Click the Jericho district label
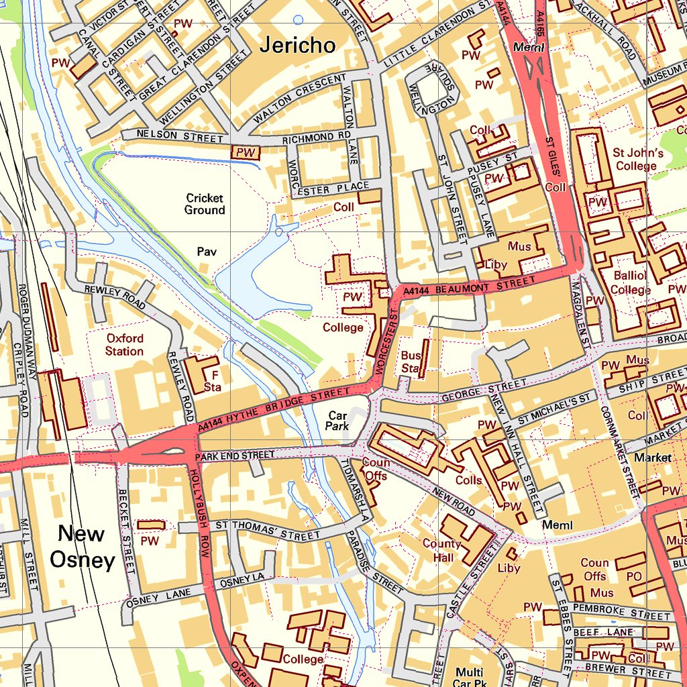[297, 45]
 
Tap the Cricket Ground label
[205, 204]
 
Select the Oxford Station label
[124, 344]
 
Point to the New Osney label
[81, 547]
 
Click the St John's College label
[637, 160]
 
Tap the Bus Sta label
[410, 362]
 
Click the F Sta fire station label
[213, 380]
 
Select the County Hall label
[441, 550]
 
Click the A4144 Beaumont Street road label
[470, 285]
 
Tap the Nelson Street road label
[179, 136]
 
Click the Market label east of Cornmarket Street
[653, 458]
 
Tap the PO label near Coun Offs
[633, 576]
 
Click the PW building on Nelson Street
[246, 152]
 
